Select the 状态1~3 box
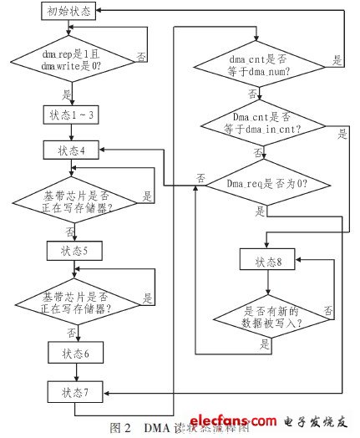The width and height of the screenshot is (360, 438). (74, 113)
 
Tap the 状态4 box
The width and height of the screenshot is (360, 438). (74, 150)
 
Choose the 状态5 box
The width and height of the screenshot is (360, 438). (74, 250)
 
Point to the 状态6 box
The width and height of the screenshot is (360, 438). (74, 354)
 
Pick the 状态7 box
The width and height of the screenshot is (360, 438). (74, 391)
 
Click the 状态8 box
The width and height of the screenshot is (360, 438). (266, 262)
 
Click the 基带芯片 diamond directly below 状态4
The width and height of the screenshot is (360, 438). (74, 200)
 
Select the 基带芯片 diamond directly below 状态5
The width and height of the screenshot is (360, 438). (74, 300)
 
